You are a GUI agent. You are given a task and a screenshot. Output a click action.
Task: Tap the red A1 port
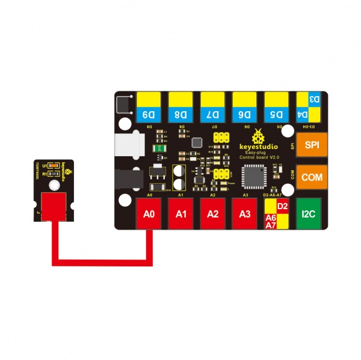(x=180, y=213)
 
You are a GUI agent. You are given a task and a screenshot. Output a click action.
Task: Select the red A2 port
(x=212, y=213)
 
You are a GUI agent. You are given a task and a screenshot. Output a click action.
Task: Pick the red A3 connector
(x=244, y=213)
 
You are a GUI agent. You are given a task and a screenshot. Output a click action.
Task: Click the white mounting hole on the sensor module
(x=55, y=184)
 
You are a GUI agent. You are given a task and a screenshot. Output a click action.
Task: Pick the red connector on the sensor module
(x=55, y=206)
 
